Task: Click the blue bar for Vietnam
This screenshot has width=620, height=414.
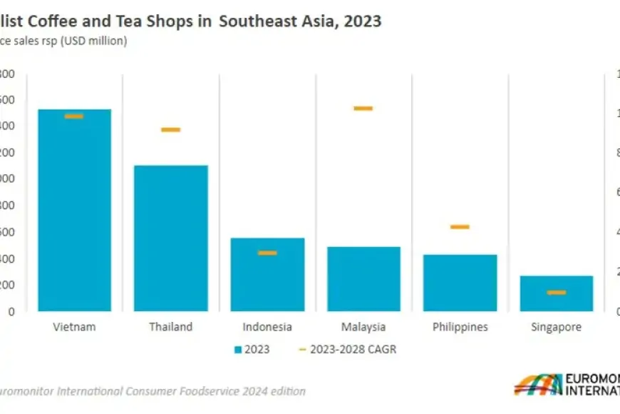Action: (74, 214)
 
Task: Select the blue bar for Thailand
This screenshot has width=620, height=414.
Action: (171, 238)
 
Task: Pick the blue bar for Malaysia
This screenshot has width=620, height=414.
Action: (363, 280)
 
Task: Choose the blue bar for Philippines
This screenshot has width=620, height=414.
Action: (460, 283)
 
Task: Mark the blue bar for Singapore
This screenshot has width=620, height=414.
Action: (557, 293)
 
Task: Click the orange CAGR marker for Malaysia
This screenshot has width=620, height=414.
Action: (363, 108)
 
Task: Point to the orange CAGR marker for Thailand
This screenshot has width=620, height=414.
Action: (171, 130)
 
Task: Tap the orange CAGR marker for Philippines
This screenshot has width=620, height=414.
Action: (460, 227)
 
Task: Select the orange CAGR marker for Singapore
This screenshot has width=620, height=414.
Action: (557, 293)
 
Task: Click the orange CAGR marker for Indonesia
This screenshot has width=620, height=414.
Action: (267, 253)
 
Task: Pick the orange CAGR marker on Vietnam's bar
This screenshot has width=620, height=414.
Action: (74, 116)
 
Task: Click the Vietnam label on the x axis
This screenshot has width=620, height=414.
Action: (74, 327)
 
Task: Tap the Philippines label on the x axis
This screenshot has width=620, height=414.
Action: (460, 327)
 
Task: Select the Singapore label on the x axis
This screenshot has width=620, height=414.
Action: (557, 327)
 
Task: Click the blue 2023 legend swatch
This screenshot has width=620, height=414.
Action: (237, 350)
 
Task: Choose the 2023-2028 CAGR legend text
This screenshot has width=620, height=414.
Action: (353, 350)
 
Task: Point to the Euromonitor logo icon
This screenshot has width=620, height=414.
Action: (537, 384)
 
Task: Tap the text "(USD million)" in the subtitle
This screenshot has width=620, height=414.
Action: (93, 41)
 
